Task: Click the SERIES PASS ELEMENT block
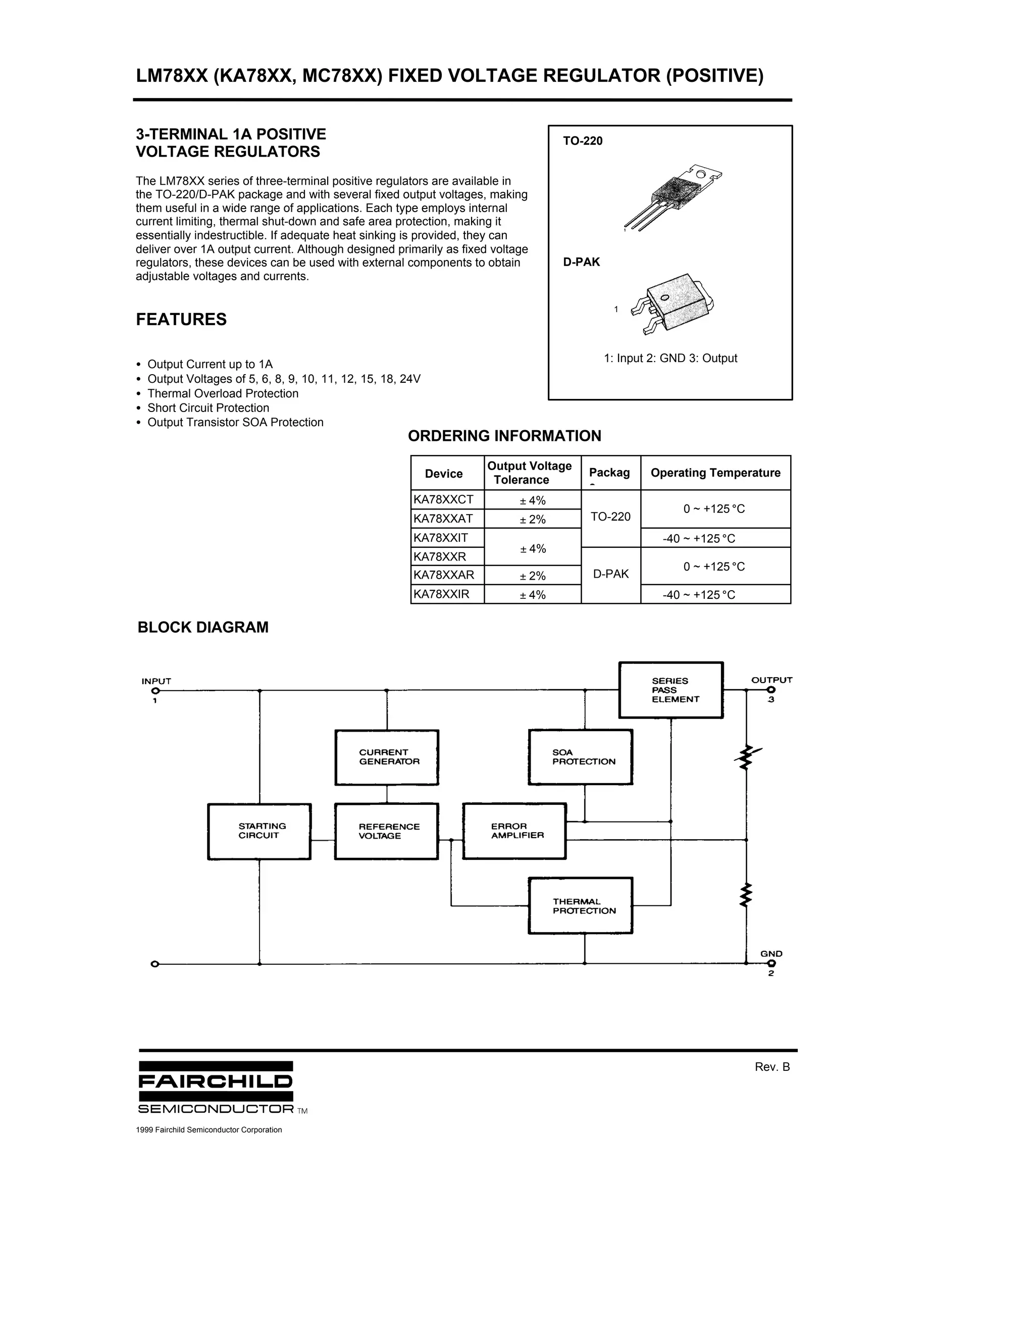[671, 690]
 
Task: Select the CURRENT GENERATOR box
[387, 757]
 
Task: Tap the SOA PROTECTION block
[580, 757]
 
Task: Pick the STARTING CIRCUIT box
[259, 832]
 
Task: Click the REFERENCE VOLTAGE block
[387, 832]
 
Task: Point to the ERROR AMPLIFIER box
[514, 832]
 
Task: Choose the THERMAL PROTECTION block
[580, 906]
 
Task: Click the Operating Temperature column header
[715, 473]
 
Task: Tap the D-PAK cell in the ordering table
[611, 575]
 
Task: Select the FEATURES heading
[181, 320]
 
